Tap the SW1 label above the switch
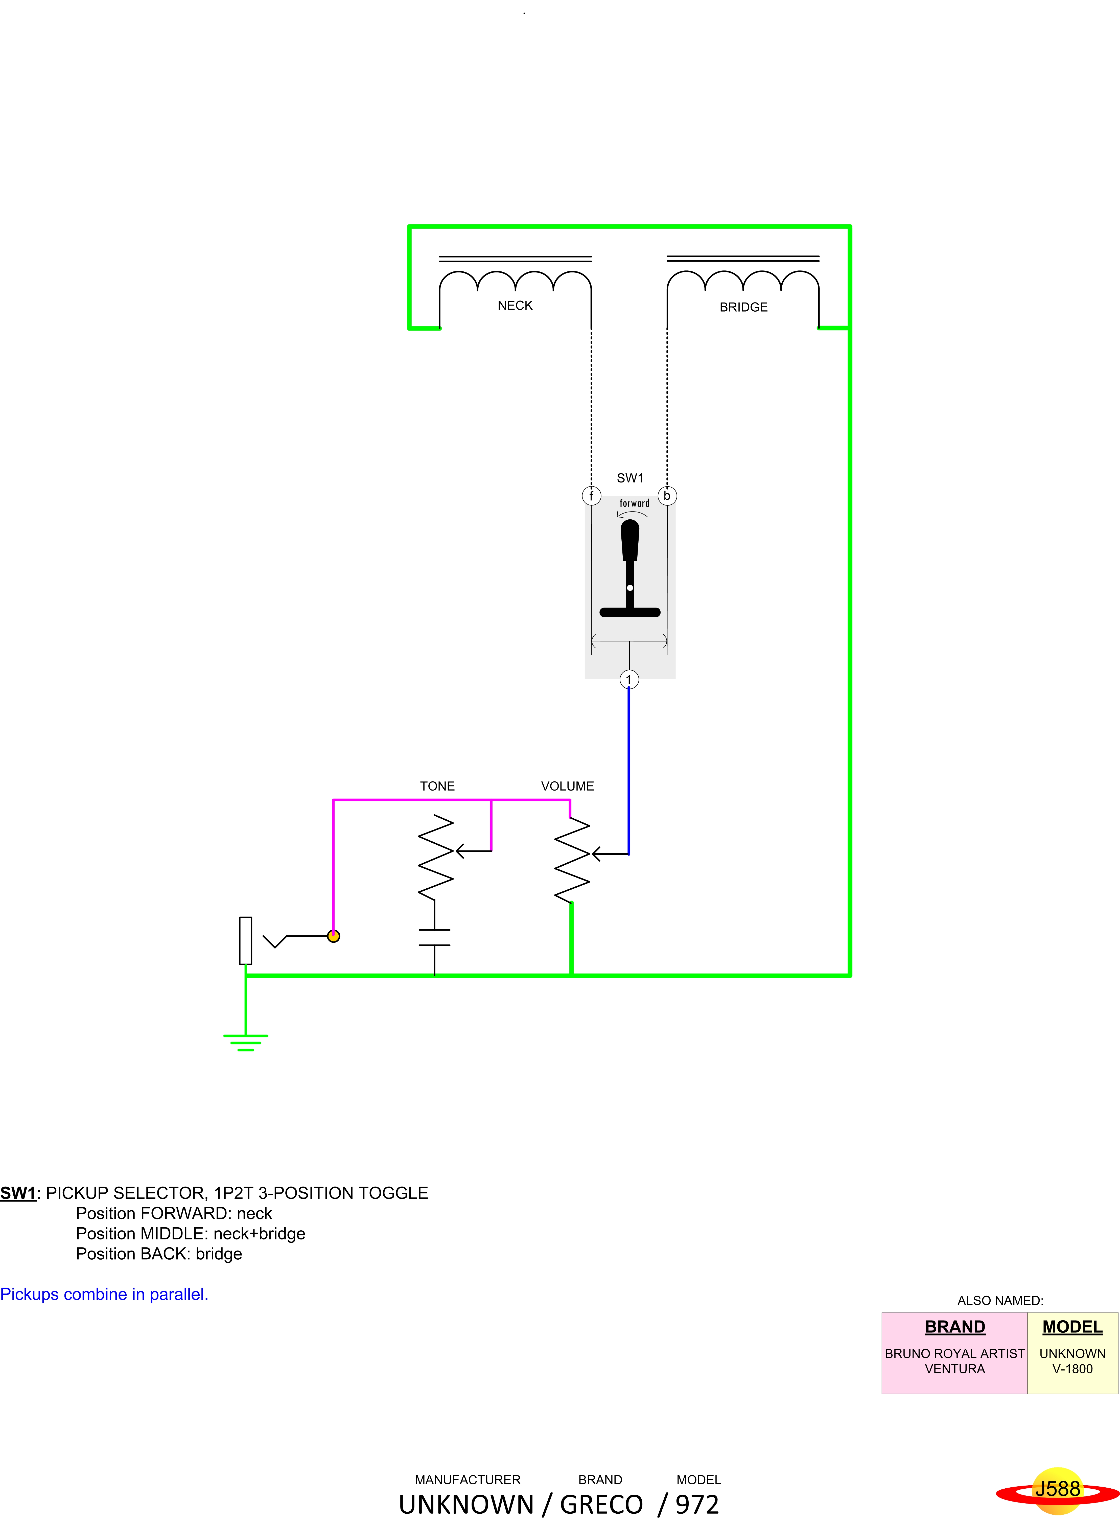(x=630, y=478)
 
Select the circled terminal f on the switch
(x=591, y=496)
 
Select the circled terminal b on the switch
(x=667, y=496)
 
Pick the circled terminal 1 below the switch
(x=629, y=679)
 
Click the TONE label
(x=437, y=786)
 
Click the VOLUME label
(x=568, y=786)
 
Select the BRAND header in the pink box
(x=954, y=1327)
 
